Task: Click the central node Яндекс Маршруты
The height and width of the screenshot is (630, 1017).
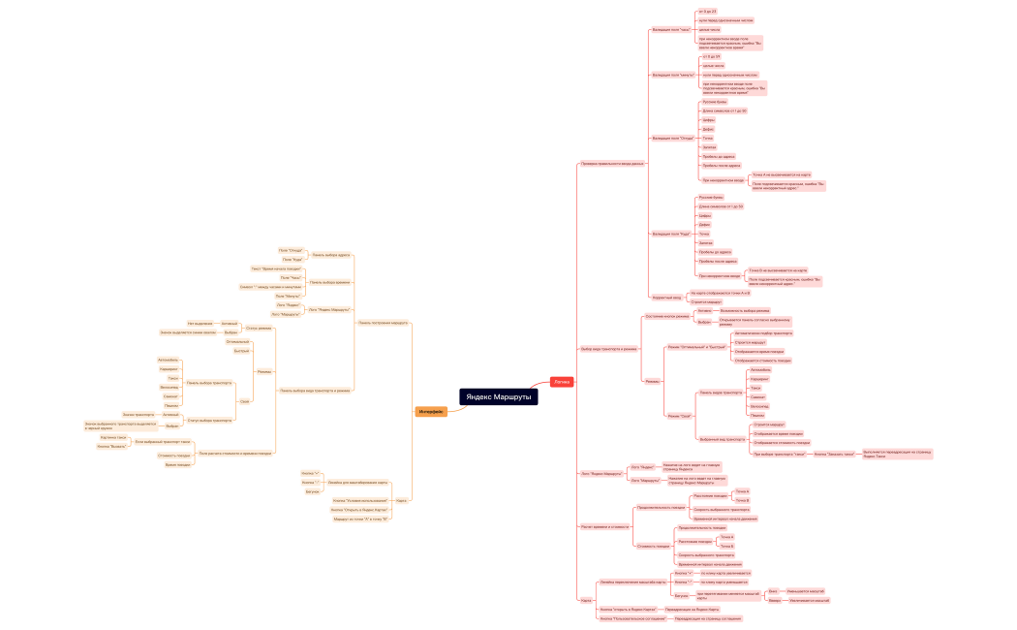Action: click(498, 397)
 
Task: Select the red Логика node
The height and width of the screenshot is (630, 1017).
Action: click(562, 382)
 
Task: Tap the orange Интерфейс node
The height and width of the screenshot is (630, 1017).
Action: click(431, 412)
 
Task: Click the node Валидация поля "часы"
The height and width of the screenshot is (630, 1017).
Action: click(670, 29)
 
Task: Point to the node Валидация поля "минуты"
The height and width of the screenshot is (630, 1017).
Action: click(672, 75)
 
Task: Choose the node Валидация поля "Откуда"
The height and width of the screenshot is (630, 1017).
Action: click(672, 138)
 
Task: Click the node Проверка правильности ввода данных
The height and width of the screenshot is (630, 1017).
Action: click(611, 163)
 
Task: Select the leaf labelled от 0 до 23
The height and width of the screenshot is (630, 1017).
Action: click(708, 11)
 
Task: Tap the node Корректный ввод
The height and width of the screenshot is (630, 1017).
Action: click(666, 297)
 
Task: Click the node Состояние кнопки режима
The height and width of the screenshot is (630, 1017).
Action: click(667, 316)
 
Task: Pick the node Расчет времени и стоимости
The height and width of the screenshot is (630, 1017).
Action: click(604, 526)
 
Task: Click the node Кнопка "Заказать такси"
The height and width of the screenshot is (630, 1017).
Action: click(834, 453)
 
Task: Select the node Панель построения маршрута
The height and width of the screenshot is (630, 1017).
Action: click(383, 322)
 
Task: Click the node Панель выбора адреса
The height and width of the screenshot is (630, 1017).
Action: click(331, 255)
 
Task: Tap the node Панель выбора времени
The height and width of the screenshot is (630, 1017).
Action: click(329, 282)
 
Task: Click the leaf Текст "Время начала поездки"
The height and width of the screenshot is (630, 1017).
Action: click(276, 268)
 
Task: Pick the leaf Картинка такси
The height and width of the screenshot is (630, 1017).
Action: click(113, 437)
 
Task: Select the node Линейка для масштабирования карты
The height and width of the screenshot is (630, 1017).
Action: click(357, 482)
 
